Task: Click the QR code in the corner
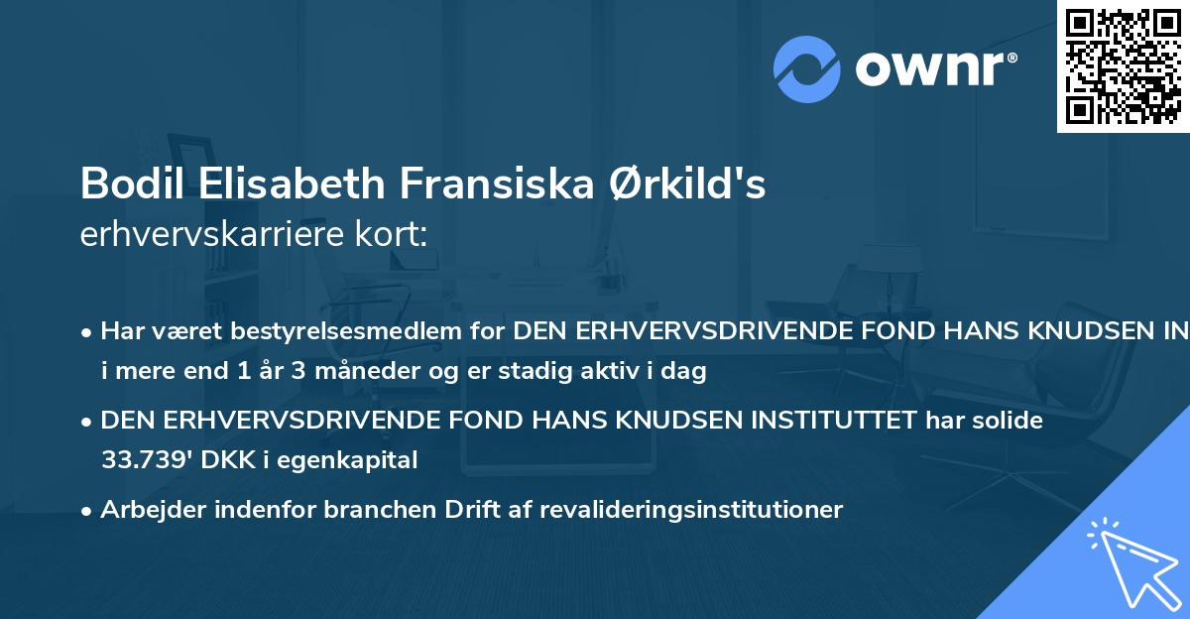coord(1124,65)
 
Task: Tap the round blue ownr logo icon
coord(807,69)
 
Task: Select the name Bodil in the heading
coord(122,184)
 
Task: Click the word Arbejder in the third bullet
coord(146,510)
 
